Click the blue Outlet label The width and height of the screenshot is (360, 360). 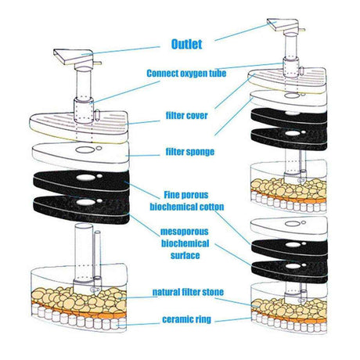[186, 44]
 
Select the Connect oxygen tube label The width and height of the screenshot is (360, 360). [186, 74]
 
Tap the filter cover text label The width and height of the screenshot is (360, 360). [187, 116]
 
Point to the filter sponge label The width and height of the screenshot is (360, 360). [190, 152]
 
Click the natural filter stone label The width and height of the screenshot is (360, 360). [188, 292]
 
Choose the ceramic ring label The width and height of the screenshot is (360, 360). [186, 319]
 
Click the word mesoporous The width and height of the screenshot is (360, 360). [185, 232]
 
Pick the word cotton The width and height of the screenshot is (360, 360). [211, 207]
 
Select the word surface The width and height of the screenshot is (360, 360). [185, 255]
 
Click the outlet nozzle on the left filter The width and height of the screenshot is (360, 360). [74, 57]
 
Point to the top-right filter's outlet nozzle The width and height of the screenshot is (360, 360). [283, 24]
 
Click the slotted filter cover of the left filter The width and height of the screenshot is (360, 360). [78, 127]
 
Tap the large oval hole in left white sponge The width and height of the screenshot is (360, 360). [85, 149]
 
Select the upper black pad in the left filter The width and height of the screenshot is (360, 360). [81, 182]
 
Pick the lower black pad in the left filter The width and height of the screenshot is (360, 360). [81, 209]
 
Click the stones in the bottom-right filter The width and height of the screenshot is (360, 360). [289, 307]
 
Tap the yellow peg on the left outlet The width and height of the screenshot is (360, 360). [98, 63]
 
